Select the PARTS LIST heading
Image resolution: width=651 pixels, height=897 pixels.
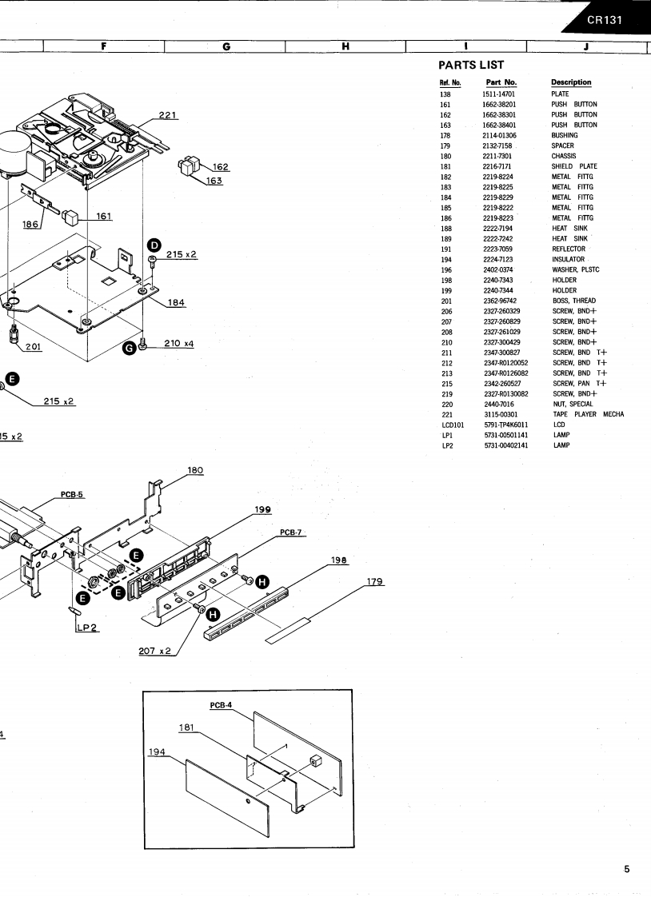pyautogui.click(x=472, y=65)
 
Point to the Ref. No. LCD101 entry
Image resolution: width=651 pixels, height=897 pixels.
pyautogui.click(x=452, y=425)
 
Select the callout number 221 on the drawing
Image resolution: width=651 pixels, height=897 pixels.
pyautogui.click(x=168, y=115)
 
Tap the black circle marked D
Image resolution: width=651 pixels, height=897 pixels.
pyautogui.click(x=154, y=244)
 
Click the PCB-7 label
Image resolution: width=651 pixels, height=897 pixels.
pyautogui.click(x=292, y=532)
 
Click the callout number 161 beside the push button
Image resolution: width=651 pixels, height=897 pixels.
pyautogui.click(x=103, y=215)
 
